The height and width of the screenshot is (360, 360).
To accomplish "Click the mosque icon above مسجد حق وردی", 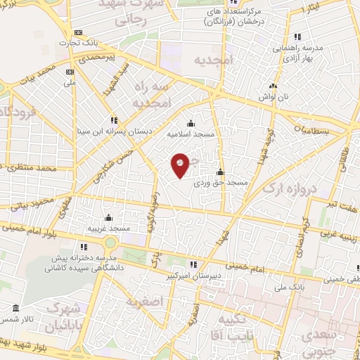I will pyautogui.click(x=220, y=172).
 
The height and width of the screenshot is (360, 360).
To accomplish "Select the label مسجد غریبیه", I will pyautogui.click(x=108, y=229).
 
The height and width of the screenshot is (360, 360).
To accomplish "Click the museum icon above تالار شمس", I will pyautogui.click(x=16, y=307).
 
